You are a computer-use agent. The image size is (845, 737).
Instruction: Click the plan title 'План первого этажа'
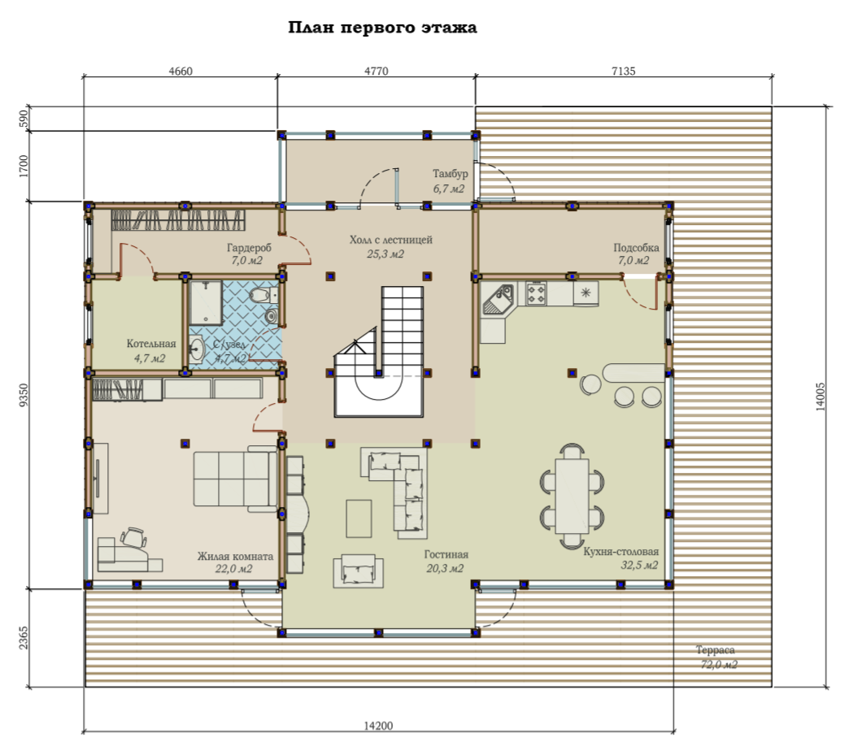[x=382, y=28]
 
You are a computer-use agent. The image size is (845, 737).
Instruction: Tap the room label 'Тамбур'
[x=450, y=174]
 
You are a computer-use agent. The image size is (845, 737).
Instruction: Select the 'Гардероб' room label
[x=249, y=248]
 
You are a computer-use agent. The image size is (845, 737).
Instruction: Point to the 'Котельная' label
[x=151, y=344]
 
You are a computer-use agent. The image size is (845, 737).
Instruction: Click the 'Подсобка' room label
[x=636, y=248]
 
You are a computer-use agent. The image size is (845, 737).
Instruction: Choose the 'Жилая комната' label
[x=235, y=556]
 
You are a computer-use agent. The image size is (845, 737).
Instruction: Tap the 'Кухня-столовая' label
[x=621, y=551]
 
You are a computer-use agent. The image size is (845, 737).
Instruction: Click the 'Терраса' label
[x=715, y=650]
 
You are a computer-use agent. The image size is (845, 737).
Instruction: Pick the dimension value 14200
[x=378, y=726]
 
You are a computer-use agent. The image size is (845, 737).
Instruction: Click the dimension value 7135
[x=624, y=71]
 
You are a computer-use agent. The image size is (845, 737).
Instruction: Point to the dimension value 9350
[x=23, y=395]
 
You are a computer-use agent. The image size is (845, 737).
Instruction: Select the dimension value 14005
[x=821, y=397]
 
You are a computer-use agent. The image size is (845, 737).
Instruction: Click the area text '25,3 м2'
[x=385, y=254]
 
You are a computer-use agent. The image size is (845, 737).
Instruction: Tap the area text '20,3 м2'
[x=445, y=568]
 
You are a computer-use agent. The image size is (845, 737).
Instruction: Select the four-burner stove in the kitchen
[x=536, y=293]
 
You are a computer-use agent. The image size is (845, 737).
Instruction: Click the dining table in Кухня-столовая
[x=572, y=496]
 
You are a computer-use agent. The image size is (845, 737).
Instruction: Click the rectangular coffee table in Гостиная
[x=359, y=518]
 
